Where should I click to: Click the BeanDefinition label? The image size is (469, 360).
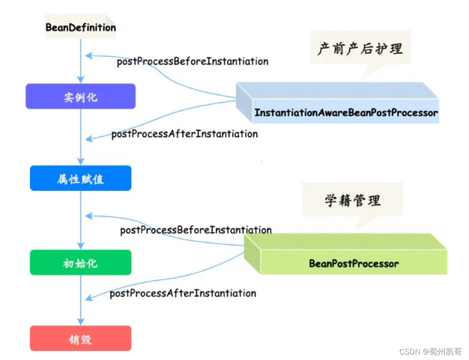click(x=80, y=27)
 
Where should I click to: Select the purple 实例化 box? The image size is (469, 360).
click(x=80, y=96)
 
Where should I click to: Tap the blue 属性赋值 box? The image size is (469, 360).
click(x=80, y=178)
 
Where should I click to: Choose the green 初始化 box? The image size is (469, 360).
click(x=80, y=262)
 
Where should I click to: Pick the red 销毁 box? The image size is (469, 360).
click(x=80, y=338)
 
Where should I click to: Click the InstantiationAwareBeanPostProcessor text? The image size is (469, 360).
click(x=346, y=113)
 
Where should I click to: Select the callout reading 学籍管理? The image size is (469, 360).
click(x=352, y=200)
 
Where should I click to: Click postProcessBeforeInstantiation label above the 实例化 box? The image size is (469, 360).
click(x=192, y=61)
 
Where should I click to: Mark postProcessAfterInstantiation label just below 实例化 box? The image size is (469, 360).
click(x=184, y=134)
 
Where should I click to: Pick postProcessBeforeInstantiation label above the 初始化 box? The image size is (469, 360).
click(x=196, y=230)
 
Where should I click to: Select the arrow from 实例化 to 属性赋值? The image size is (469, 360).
click(x=81, y=137)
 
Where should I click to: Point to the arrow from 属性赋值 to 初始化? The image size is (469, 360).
click(x=81, y=220)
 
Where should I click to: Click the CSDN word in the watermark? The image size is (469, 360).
click(x=410, y=352)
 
